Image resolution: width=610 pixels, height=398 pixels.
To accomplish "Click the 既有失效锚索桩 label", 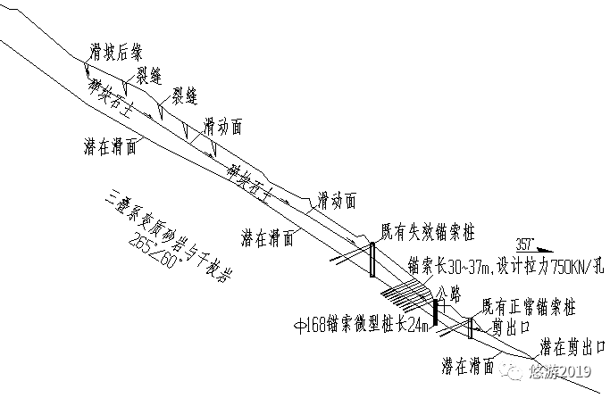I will [x=427, y=231].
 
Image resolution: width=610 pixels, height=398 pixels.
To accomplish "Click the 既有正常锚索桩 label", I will [x=527, y=308].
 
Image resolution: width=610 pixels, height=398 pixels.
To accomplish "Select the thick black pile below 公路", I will [x=435, y=312].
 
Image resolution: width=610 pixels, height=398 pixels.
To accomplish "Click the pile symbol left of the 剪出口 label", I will [x=469, y=328].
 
